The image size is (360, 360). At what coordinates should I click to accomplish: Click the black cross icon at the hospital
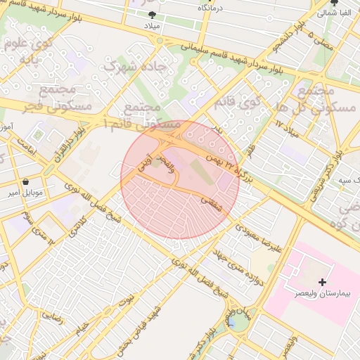pos(322,282)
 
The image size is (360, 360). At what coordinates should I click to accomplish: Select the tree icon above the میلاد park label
pos(152,14)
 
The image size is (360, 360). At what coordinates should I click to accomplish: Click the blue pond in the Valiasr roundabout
pos(232,322)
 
